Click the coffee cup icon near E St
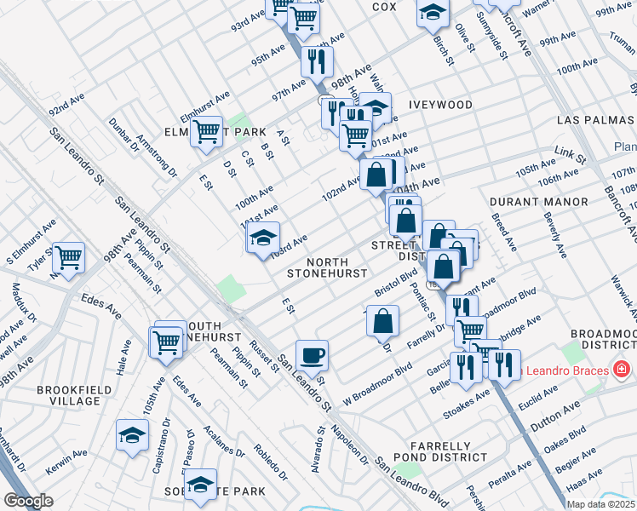point(312,353)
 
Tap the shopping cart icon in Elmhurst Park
point(206,132)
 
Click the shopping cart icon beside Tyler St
point(69,255)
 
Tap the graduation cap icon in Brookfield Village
point(133,435)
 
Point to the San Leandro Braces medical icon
point(622,370)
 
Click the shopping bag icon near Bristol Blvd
point(383,320)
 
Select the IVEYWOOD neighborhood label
point(440,105)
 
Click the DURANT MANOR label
point(539,202)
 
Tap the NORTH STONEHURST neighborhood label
point(327,267)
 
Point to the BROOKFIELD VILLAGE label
point(70,395)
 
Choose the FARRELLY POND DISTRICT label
point(439,452)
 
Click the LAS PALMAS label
point(596,121)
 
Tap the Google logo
point(28,501)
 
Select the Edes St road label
point(97,300)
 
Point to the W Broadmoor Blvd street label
point(377,383)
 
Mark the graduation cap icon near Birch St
point(433,12)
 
